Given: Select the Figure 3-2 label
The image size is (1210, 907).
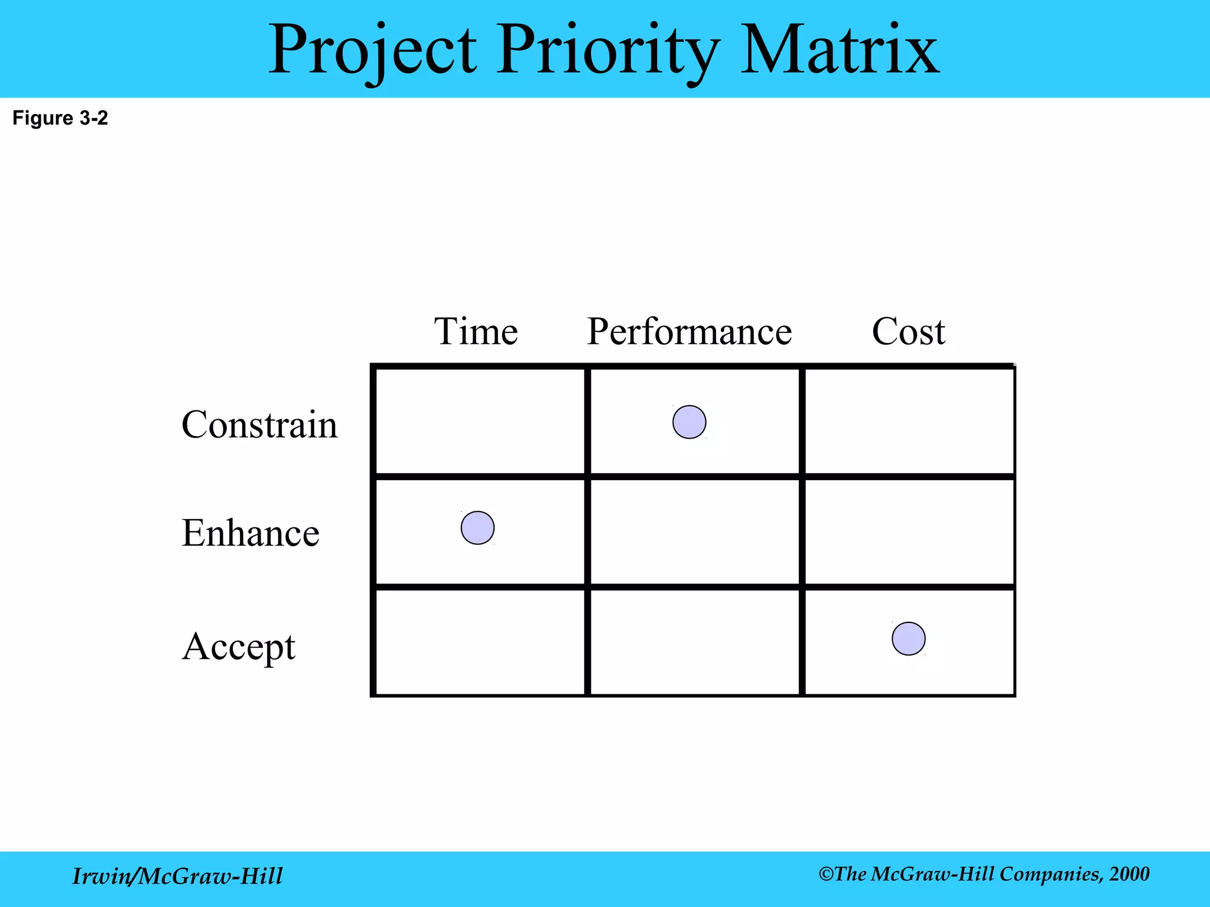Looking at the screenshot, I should [x=60, y=118].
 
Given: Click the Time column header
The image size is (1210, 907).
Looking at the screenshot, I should [x=476, y=331].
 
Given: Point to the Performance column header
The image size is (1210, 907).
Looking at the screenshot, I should [x=689, y=331].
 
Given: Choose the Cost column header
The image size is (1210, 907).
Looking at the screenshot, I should [x=908, y=331].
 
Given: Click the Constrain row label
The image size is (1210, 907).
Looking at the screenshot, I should [x=259, y=425].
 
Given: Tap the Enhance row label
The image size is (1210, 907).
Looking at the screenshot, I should [x=251, y=533].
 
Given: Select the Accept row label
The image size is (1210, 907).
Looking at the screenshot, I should [x=239, y=647].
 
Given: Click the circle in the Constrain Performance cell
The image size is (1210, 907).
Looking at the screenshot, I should [x=689, y=422].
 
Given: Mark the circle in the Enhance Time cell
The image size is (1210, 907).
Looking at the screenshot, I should [x=477, y=527].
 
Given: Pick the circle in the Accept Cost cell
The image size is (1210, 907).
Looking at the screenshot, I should [x=908, y=638].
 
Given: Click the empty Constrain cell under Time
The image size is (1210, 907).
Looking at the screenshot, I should [x=480, y=421].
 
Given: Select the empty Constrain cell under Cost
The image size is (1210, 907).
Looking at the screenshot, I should [x=909, y=421].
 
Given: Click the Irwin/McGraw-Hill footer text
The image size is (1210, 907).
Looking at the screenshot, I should [x=177, y=876].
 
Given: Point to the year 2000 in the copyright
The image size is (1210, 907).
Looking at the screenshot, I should [x=1129, y=874].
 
